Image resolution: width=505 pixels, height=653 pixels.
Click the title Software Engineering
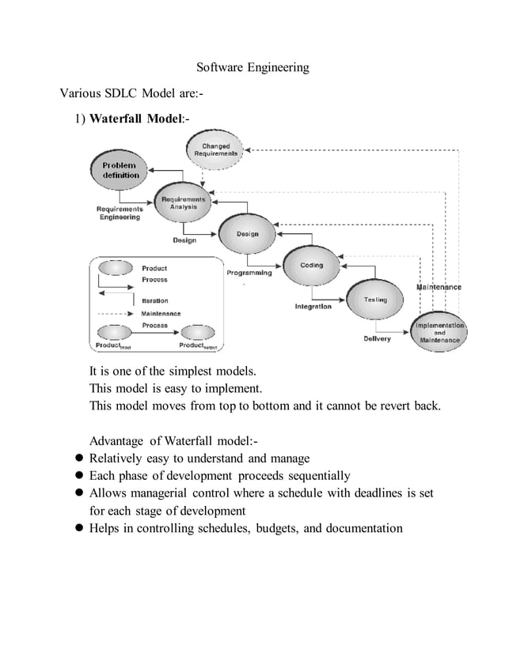[x=252, y=68]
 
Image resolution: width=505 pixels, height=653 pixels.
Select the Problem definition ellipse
[x=120, y=170]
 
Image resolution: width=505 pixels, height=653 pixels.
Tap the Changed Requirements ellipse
[x=215, y=149]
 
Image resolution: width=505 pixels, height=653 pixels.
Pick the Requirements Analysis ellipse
[x=183, y=203]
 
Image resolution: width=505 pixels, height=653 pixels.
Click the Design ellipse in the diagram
[x=247, y=234]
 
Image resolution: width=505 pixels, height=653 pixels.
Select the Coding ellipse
[x=311, y=266]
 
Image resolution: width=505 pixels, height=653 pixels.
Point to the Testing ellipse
[x=375, y=300]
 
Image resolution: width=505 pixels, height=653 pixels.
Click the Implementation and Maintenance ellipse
[x=439, y=332]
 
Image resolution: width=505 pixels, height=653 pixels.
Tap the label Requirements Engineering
[x=120, y=213]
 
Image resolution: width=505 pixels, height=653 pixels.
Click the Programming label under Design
[x=249, y=273]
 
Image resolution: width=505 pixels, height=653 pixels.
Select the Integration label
[x=313, y=306]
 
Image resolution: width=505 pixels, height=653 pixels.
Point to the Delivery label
[x=377, y=339]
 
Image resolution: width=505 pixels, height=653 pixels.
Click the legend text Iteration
[x=154, y=301]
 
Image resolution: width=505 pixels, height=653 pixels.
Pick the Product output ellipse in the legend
[x=198, y=331]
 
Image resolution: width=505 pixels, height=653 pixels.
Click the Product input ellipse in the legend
[x=114, y=331]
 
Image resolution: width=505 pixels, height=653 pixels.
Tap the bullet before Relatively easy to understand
[x=79, y=459]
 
